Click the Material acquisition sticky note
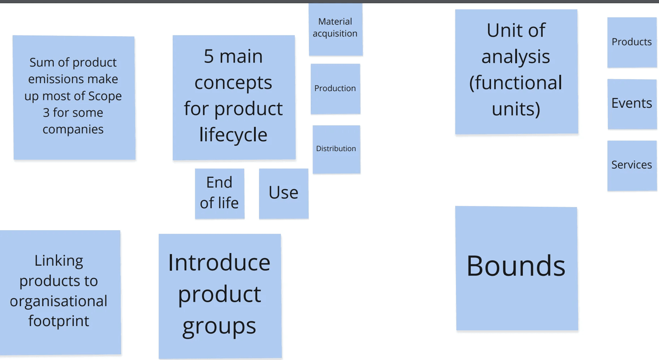pyautogui.click(x=335, y=29)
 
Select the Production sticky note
pyautogui.click(x=335, y=89)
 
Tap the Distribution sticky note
pyautogui.click(x=336, y=149)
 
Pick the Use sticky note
pyautogui.click(x=284, y=193)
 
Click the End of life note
pyautogui.click(x=219, y=193)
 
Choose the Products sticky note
pyautogui.click(x=632, y=42)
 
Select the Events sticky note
pyautogui.click(x=632, y=103)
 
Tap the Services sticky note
pyautogui.click(x=632, y=165)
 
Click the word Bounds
pyautogui.click(x=516, y=266)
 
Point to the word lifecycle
pyautogui.click(x=233, y=135)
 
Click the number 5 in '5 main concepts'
pyautogui.click(x=209, y=56)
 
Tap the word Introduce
pyautogui.click(x=219, y=263)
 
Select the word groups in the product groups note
pyautogui.click(x=219, y=326)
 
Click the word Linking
pyautogui.click(x=59, y=261)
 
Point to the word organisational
pyautogui.click(x=59, y=301)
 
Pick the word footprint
pyautogui.click(x=59, y=321)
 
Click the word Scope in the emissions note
pyautogui.click(x=105, y=96)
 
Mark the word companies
pyautogui.click(x=73, y=129)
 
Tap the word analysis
pyautogui.click(x=516, y=57)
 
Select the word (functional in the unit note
pyautogui.click(x=516, y=83)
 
